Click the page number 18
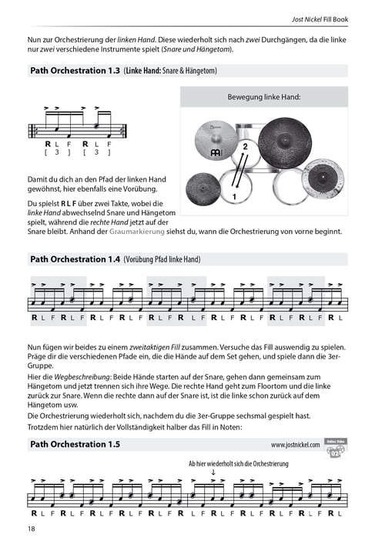click(31, 529)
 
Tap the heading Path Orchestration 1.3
click(75, 71)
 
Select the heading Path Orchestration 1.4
click(75, 259)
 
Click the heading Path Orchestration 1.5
click(75, 444)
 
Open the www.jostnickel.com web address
click(296, 445)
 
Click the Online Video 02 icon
click(334, 446)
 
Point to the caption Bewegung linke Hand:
click(263, 98)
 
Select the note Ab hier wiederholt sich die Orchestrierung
click(238, 464)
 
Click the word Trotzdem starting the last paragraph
click(47, 426)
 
